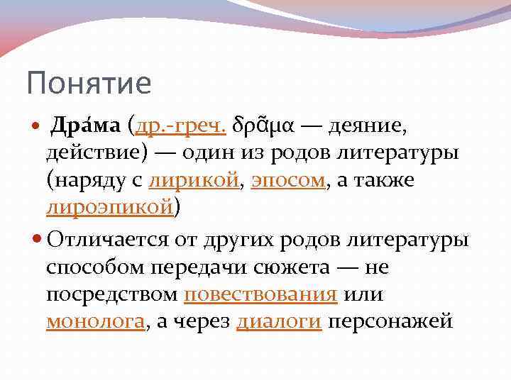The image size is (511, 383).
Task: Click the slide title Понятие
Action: [x=89, y=83]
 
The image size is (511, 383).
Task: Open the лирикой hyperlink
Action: [x=194, y=180]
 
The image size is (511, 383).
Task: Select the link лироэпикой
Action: [x=109, y=206]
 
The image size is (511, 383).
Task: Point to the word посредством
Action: [x=111, y=294]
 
